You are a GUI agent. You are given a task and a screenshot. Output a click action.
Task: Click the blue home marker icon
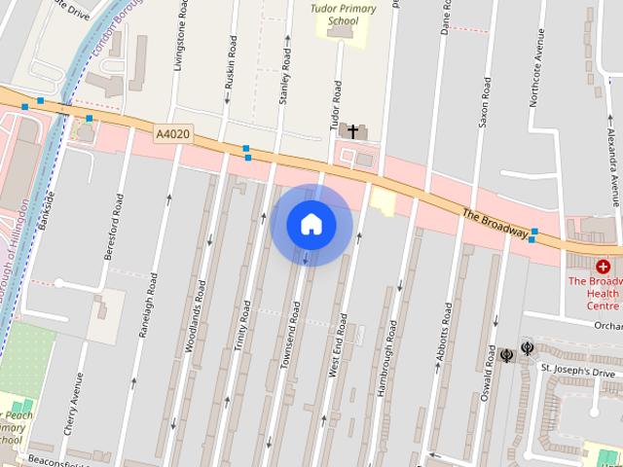pos(311,225)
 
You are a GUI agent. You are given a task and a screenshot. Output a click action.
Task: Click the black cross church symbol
pos(351,129)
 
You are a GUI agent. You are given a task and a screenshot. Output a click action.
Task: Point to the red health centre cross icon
pos(604,266)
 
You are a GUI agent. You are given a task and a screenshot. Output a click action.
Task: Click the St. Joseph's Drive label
pos(578,372)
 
